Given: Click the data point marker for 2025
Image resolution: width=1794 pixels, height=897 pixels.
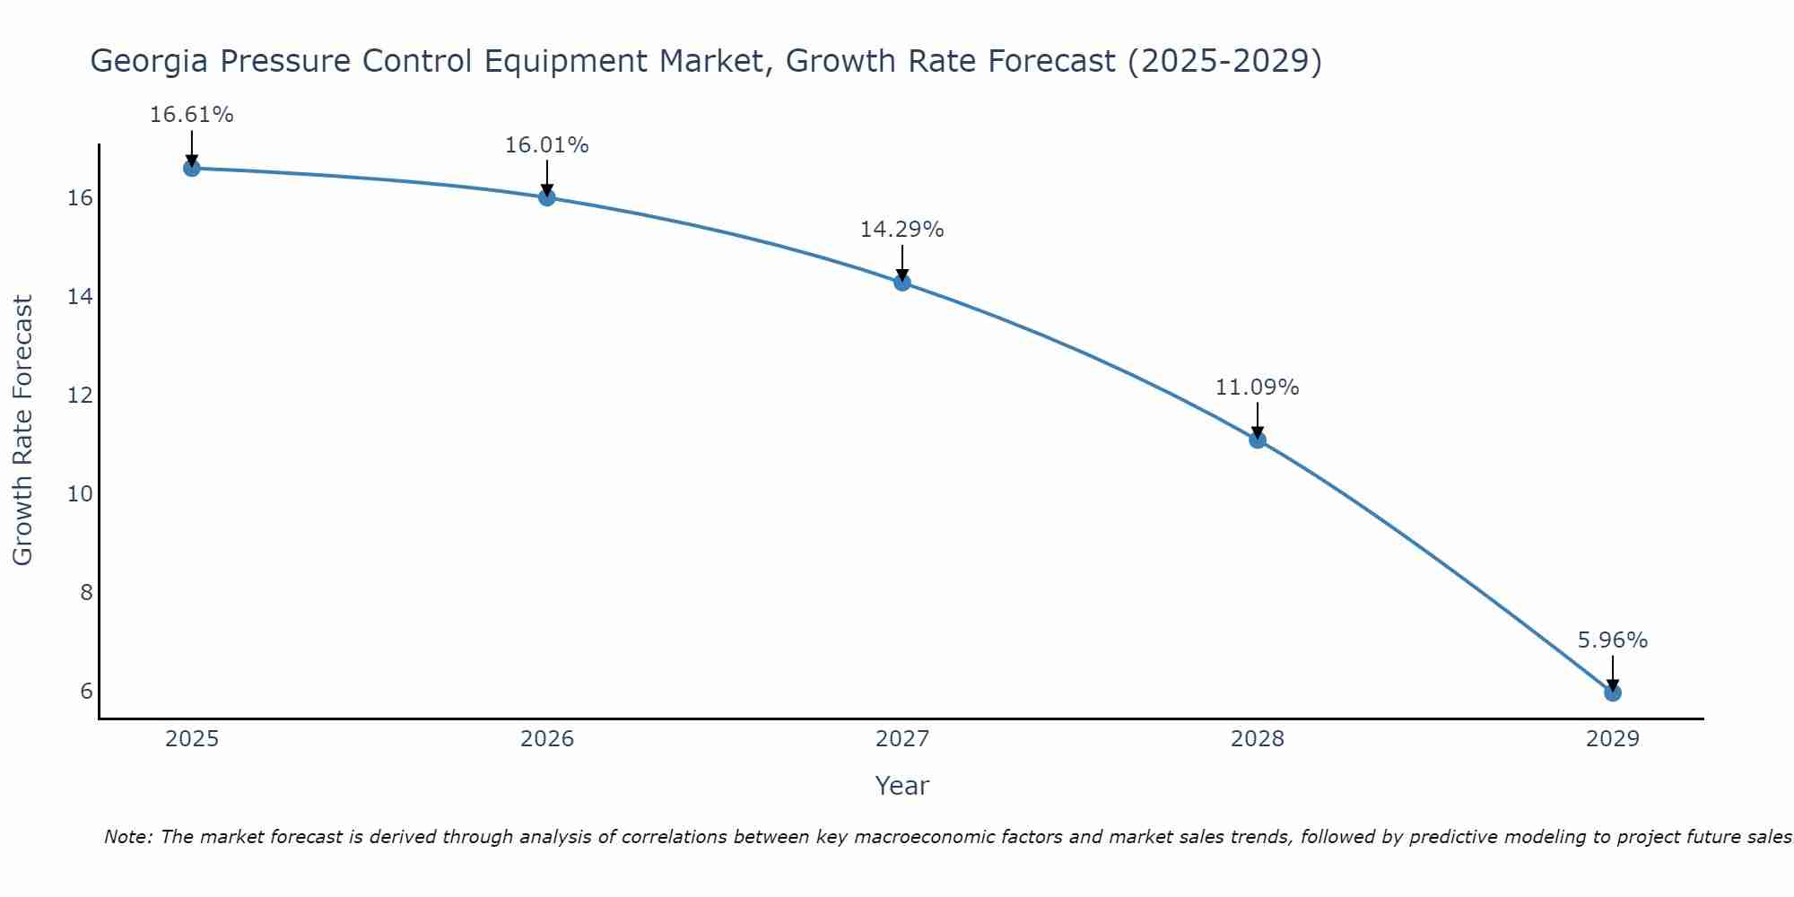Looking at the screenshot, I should click(x=191, y=168).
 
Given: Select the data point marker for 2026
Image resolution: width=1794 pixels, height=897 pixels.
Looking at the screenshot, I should click(x=547, y=197).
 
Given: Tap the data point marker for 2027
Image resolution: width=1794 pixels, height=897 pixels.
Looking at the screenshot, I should click(x=902, y=283).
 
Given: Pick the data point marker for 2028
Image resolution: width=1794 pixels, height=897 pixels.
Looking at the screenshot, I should click(x=1258, y=440).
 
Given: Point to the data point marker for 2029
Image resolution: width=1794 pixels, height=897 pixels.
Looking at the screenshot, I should click(x=1613, y=692).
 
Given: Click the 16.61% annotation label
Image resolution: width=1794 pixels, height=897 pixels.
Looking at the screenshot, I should click(x=191, y=115).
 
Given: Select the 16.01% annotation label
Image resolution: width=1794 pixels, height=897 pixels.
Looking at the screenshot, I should click(x=547, y=145).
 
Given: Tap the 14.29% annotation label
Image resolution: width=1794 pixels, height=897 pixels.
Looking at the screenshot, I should click(x=902, y=230).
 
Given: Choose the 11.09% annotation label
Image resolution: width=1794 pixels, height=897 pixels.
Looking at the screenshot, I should click(x=1258, y=388).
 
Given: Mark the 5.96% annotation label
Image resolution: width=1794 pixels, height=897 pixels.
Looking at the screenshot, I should click(x=1613, y=640).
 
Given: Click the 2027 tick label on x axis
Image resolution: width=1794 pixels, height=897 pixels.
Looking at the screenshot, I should click(x=902, y=739).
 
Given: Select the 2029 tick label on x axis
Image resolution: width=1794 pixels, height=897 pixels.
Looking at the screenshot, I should click(x=1613, y=739).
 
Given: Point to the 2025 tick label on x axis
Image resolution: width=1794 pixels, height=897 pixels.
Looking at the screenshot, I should click(x=192, y=739).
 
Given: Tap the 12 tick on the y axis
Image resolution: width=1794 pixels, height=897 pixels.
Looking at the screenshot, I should click(x=80, y=395).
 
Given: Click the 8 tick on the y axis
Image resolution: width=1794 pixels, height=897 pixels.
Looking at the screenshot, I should click(x=86, y=592).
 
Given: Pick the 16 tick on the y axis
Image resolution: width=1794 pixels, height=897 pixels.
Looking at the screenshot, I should click(x=80, y=198).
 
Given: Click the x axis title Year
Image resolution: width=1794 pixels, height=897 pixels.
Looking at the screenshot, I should click(x=902, y=786).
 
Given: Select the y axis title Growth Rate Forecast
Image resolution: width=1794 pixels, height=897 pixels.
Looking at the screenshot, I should click(x=23, y=431).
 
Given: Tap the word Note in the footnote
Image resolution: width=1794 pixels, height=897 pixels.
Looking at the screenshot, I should click(x=128, y=837).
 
